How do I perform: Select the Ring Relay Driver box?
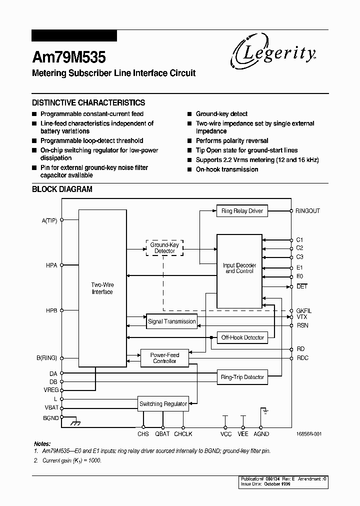pyautogui.click(x=242, y=211)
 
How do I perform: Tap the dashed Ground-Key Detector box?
pyautogui.click(x=164, y=247)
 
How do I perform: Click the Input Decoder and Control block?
pyautogui.click(x=239, y=268)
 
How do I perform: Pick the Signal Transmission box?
pyautogui.click(x=171, y=321)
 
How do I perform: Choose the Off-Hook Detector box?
pyautogui.click(x=242, y=337)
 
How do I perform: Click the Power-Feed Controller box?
pyautogui.click(x=164, y=358)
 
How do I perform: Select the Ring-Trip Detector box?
pyautogui.click(x=242, y=377)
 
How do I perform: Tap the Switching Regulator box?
pyautogui.click(x=163, y=403)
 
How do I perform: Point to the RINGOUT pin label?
pyautogui.click(x=307, y=211)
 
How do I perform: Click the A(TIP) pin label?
pyautogui.click(x=49, y=220)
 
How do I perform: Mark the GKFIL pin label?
pyautogui.click(x=303, y=310)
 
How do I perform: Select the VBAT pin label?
pyautogui.click(x=51, y=407)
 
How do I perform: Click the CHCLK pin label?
pyautogui.click(x=183, y=434)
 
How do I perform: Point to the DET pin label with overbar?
pyautogui.click(x=302, y=286)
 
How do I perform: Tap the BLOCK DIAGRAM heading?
pyautogui.click(x=62, y=189)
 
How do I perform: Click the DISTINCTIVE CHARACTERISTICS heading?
pyautogui.click(x=88, y=102)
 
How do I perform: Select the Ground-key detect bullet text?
pyautogui.click(x=221, y=114)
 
